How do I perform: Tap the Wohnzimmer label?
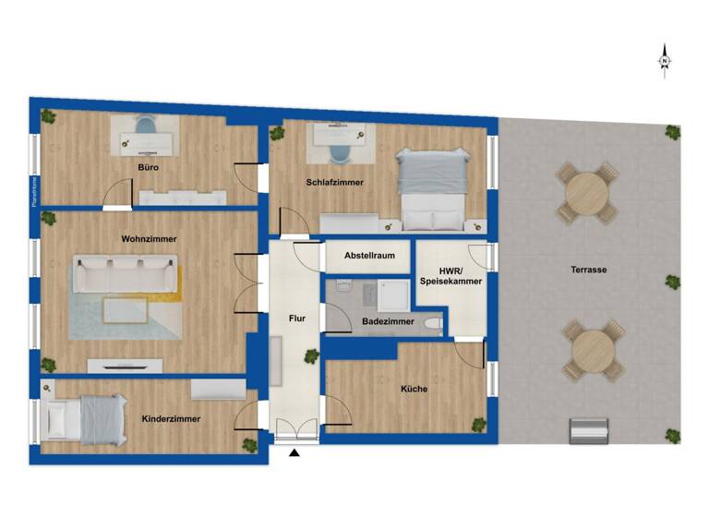(x=149, y=238)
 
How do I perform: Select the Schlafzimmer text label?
(x=335, y=183)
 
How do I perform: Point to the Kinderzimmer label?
(x=171, y=418)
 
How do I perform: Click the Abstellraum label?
(x=369, y=256)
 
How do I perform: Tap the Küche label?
(x=414, y=389)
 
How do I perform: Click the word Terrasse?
(x=588, y=270)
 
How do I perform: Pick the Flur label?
(x=297, y=318)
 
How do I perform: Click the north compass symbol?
(x=665, y=61)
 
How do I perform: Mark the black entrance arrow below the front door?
(x=294, y=453)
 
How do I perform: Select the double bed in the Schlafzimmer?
(x=430, y=189)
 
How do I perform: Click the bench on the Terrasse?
(x=589, y=430)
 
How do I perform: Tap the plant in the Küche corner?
(x=479, y=424)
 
